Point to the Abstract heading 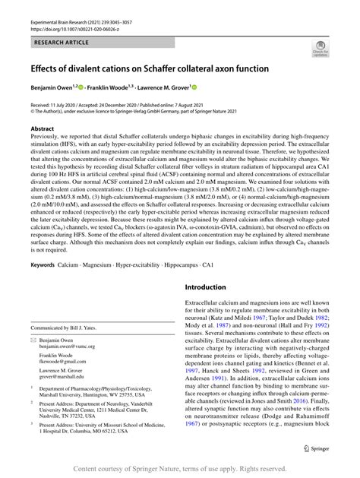(x=42, y=129)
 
